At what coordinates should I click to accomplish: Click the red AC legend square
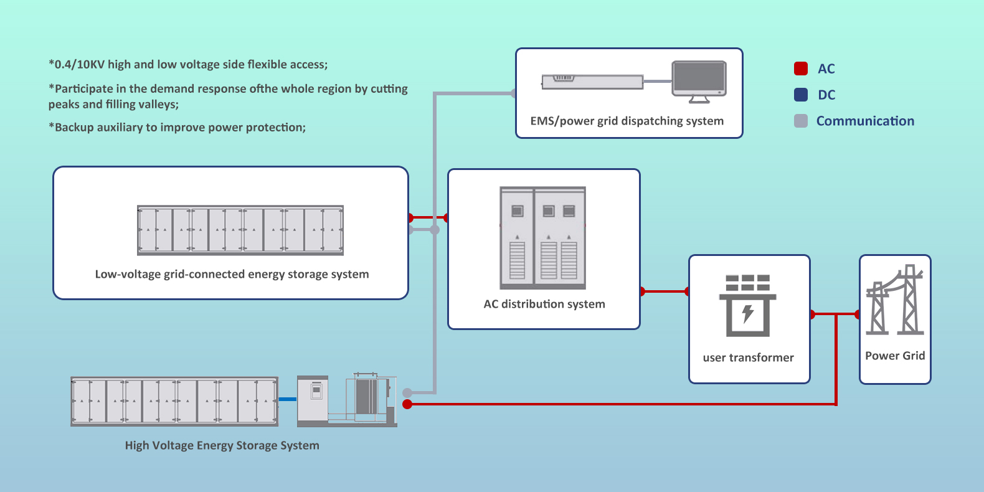pyautogui.click(x=801, y=69)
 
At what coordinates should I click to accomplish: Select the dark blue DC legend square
pyautogui.click(x=801, y=95)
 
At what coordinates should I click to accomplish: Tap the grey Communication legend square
pyautogui.click(x=801, y=121)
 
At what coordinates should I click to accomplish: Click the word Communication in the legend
pyautogui.click(x=865, y=121)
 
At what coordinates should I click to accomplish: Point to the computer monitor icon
pyautogui.click(x=699, y=80)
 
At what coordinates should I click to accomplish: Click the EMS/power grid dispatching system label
pyautogui.click(x=627, y=121)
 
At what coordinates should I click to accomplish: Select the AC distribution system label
pyautogui.click(x=544, y=304)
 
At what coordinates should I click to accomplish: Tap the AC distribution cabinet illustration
pyautogui.click(x=543, y=238)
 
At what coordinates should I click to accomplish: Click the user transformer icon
pyautogui.click(x=748, y=305)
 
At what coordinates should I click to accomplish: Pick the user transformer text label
pyautogui.click(x=748, y=357)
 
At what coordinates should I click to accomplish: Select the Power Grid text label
pyautogui.click(x=895, y=356)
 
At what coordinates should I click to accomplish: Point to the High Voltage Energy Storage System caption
pyautogui.click(x=222, y=445)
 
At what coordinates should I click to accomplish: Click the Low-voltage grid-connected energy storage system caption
pyautogui.click(x=232, y=274)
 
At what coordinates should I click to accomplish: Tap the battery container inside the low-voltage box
pyautogui.click(x=240, y=230)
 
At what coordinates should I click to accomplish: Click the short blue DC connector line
pyautogui.click(x=288, y=399)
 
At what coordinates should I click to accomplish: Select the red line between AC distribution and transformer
pyautogui.click(x=665, y=291)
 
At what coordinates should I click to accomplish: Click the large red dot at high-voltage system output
pyautogui.click(x=407, y=404)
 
